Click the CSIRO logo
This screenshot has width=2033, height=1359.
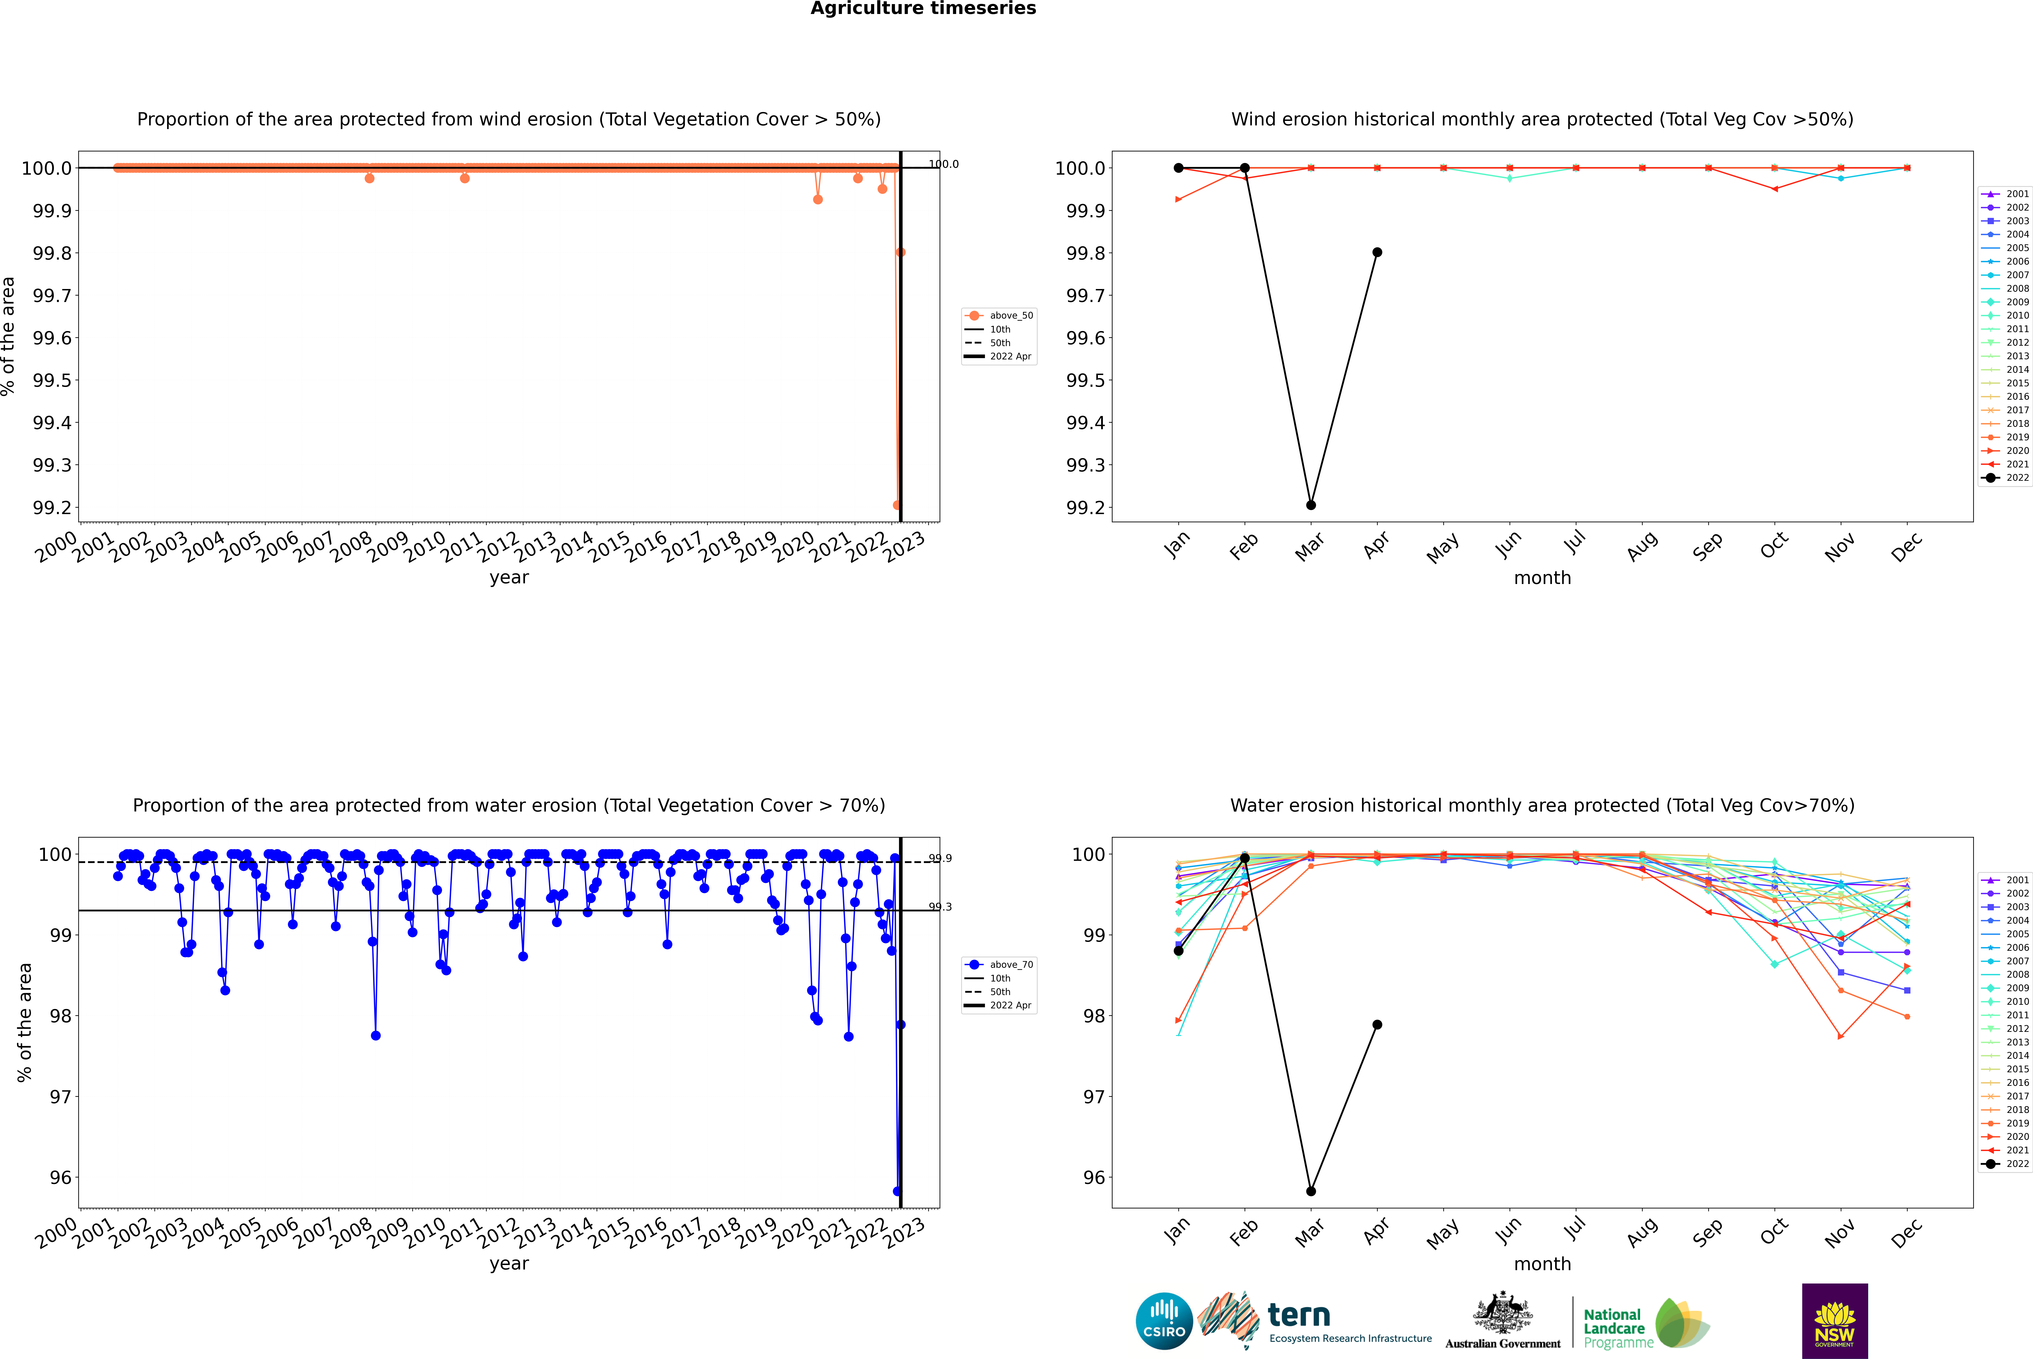[x=1164, y=1321]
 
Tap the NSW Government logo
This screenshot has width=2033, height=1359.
[x=1834, y=1321]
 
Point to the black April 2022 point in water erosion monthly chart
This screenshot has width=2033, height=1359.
[x=1377, y=1025]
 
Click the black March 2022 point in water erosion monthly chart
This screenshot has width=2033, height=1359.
[x=1310, y=1191]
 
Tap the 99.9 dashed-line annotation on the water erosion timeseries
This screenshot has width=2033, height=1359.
[x=940, y=858]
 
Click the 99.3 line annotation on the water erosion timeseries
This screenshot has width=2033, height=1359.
[x=940, y=907]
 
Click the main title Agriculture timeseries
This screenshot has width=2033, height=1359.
[x=923, y=9]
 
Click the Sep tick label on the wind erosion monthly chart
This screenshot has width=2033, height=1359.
[x=1707, y=546]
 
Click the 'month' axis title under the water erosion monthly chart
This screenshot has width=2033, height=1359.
[x=1542, y=1264]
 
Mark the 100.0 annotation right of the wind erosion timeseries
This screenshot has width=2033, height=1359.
[x=944, y=164]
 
